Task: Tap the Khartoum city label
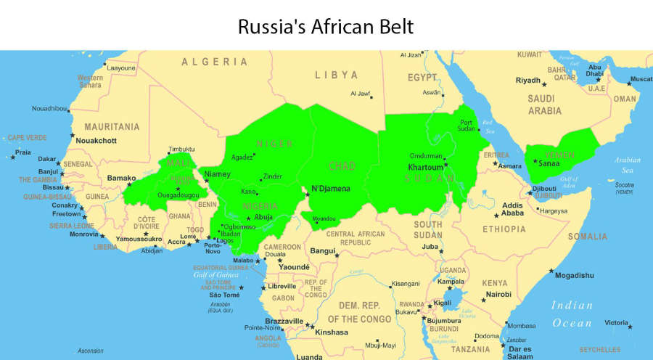[x=425, y=167]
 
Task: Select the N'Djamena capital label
[x=331, y=189]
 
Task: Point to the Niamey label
[x=217, y=174]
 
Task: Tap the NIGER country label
[x=274, y=144]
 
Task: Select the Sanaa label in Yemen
[x=549, y=163]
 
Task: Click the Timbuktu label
[x=181, y=149]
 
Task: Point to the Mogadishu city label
[x=574, y=275]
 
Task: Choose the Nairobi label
[x=498, y=294]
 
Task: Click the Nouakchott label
[x=98, y=140]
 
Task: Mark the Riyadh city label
[x=527, y=80]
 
